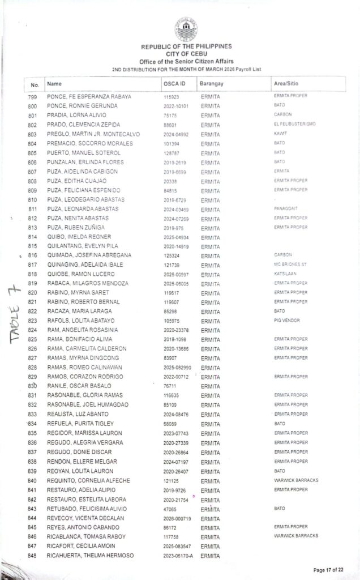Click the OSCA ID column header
[174, 84]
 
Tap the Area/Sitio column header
[286, 84]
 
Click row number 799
[32, 97]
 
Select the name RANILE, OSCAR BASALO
[74, 386]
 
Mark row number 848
[32, 556]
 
